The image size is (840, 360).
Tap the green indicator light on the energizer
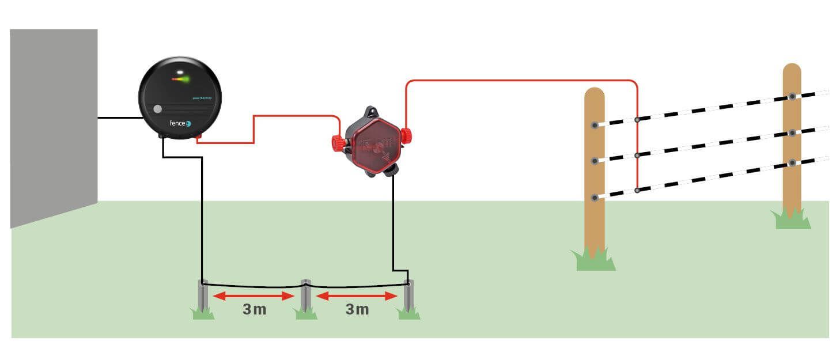(x=183, y=79)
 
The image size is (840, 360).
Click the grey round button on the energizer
(x=158, y=109)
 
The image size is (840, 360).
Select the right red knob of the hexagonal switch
(x=407, y=136)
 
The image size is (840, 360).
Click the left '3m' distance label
(x=254, y=309)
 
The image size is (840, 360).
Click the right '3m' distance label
(x=357, y=309)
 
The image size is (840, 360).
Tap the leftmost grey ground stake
(x=203, y=296)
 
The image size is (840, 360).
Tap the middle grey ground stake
(x=306, y=296)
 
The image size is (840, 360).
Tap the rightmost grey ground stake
(x=408, y=296)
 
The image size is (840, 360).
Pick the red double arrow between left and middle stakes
(x=254, y=296)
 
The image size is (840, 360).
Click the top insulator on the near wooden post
(x=594, y=124)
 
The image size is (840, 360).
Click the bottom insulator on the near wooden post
(x=594, y=198)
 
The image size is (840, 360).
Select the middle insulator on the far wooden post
(x=792, y=133)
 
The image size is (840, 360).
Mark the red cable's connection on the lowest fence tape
(x=637, y=190)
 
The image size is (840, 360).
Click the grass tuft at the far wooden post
(x=792, y=219)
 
